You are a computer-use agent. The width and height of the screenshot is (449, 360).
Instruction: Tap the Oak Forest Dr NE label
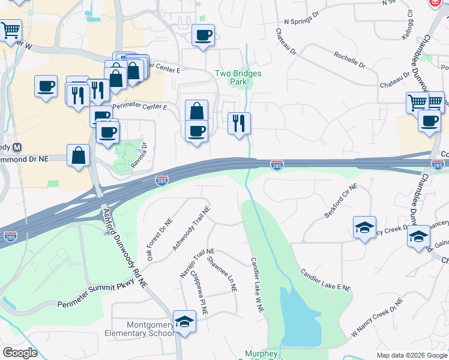click(159, 239)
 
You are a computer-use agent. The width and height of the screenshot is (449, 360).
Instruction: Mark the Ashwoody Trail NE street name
click(191, 229)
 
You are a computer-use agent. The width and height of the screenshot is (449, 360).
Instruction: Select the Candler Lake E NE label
click(325, 280)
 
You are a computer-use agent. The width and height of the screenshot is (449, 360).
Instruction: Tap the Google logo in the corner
click(20, 352)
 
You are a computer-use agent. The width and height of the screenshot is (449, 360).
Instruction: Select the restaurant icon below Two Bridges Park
click(239, 124)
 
